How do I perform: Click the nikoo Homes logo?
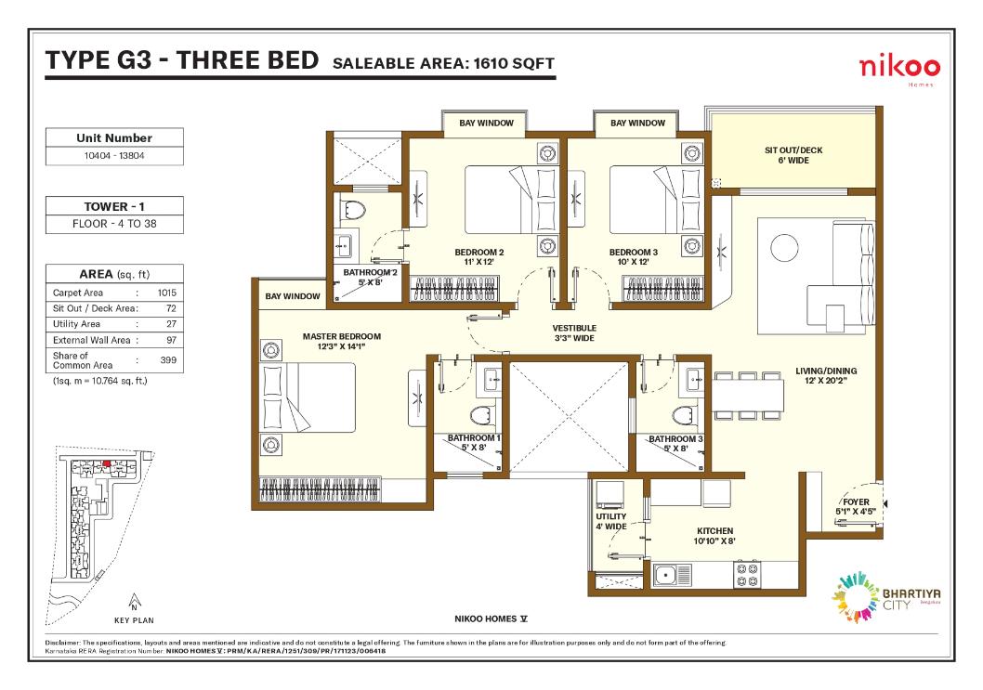[x=899, y=69]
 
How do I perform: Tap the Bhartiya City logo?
[x=885, y=596]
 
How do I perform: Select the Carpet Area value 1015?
[x=166, y=293]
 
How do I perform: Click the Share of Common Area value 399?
[x=168, y=359]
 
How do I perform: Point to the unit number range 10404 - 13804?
[x=114, y=155]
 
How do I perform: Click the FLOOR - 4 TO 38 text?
[x=114, y=224]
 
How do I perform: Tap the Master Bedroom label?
[x=342, y=341]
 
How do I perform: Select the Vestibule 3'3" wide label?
[x=574, y=332]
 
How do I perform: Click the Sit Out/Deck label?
[x=793, y=155]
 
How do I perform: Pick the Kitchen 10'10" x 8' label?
[x=714, y=535]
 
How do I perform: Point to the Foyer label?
[x=856, y=506]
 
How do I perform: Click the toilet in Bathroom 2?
[x=354, y=210]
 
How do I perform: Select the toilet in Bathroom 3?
[x=685, y=417]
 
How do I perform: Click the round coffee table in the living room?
[x=784, y=248]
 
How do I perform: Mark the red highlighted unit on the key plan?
[x=107, y=463]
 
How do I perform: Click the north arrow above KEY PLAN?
[x=134, y=602]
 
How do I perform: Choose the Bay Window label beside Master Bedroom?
[x=292, y=296]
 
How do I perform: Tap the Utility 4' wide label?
[x=611, y=521]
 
